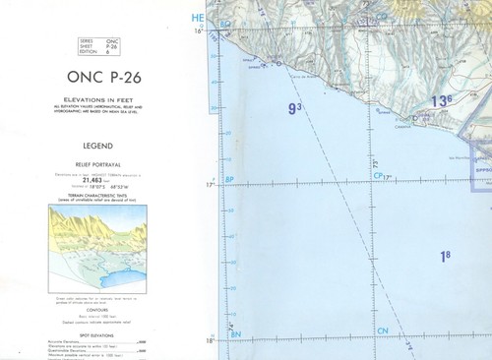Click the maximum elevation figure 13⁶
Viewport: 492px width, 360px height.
pyautogui.click(x=441, y=100)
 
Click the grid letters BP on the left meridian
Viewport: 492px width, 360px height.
pyautogui.click(x=229, y=179)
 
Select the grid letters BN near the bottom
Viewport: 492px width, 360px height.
pyautogui.click(x=234, y=334)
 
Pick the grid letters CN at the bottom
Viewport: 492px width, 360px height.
pyautogui.click(x=383, y=330)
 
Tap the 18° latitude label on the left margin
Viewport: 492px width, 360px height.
pyautogui.click(x=209, y=340)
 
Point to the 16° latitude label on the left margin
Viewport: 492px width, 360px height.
pyautogui.click(x=200, y=31)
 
